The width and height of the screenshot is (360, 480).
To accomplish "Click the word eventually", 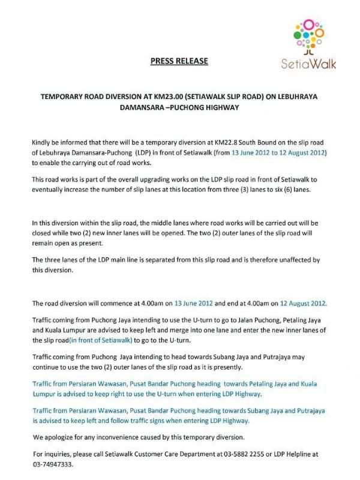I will (x=51, y=188).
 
